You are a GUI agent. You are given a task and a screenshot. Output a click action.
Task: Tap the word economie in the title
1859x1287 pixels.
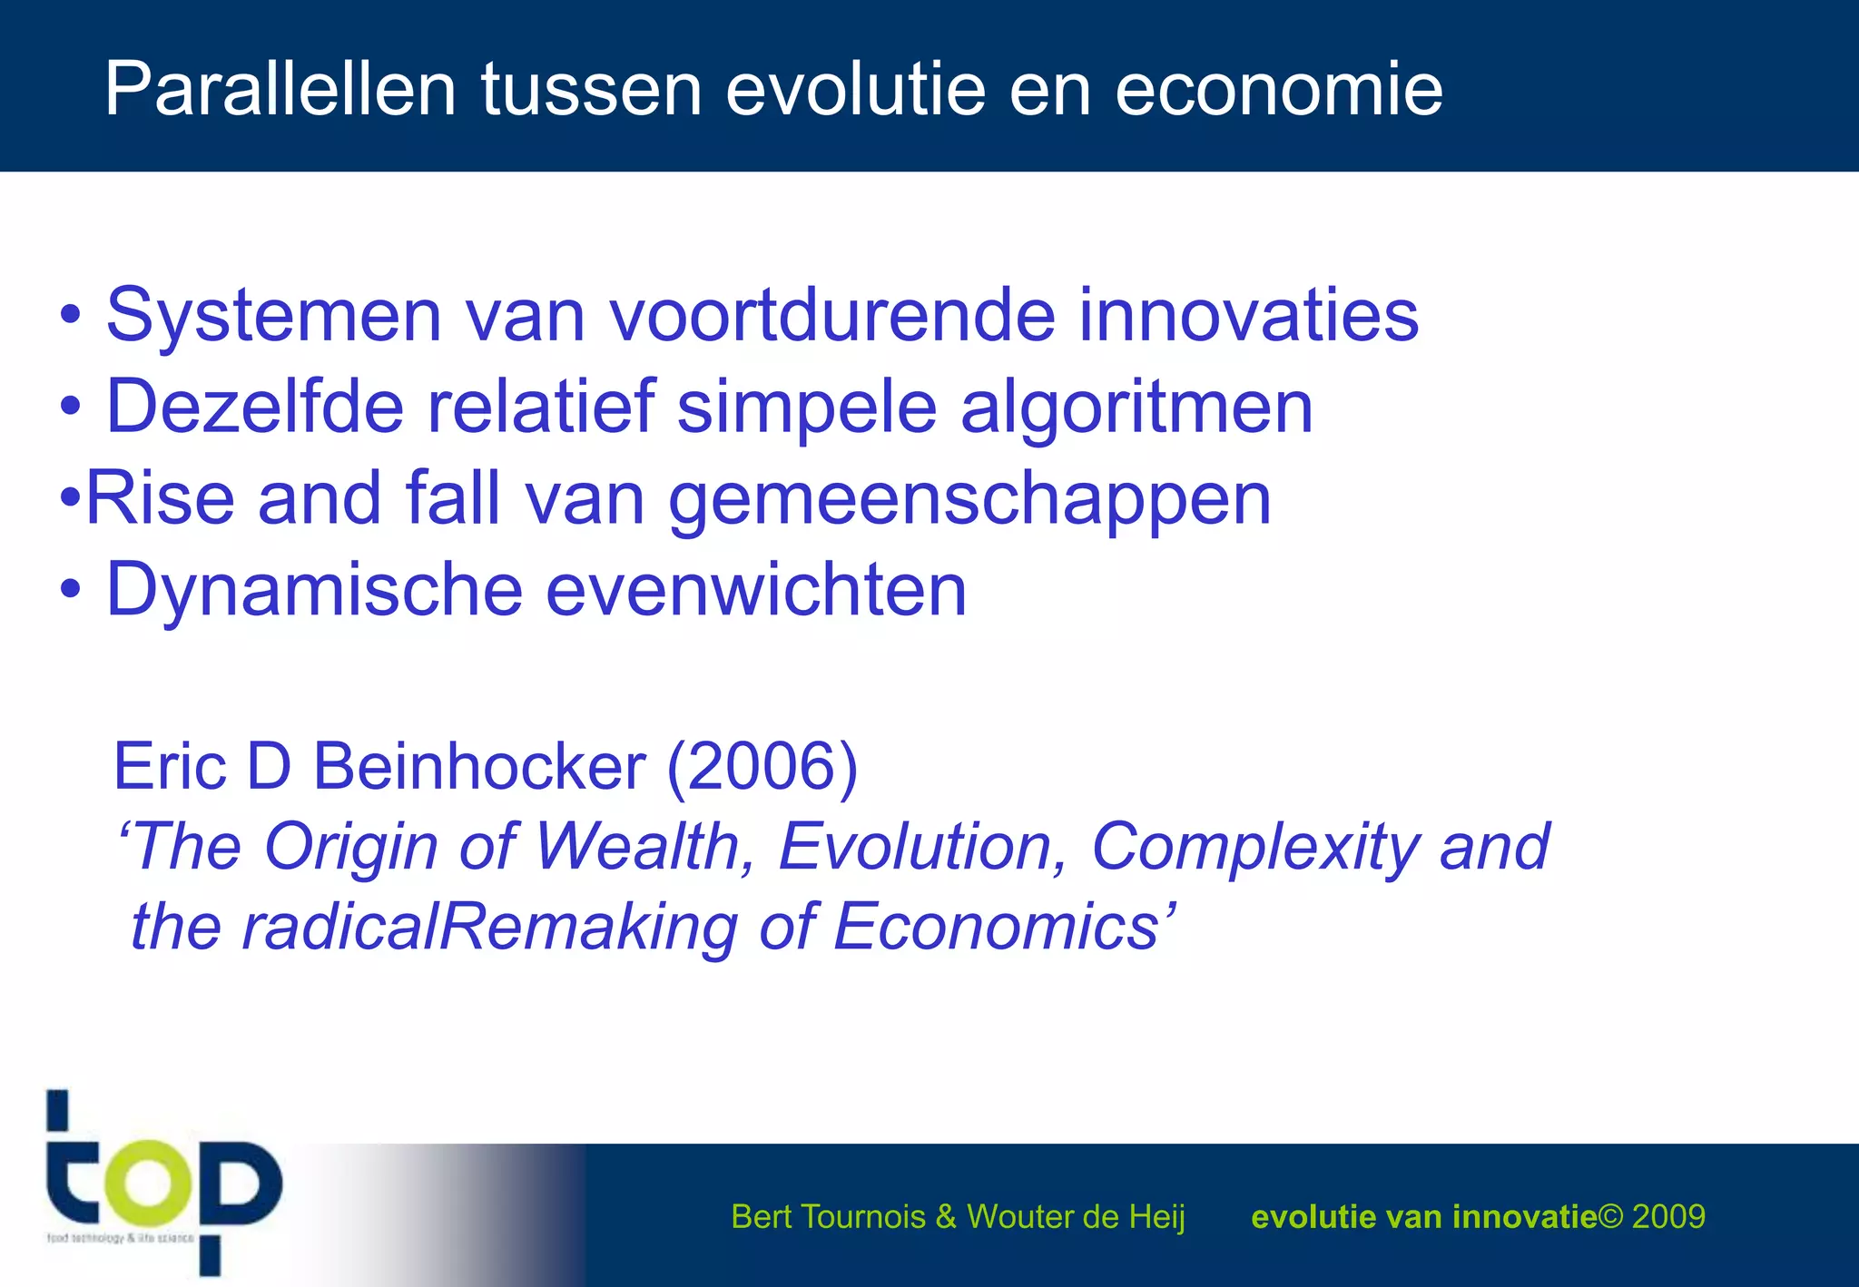[1278, 91]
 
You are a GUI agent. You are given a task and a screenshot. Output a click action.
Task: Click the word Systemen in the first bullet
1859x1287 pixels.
[273, 315]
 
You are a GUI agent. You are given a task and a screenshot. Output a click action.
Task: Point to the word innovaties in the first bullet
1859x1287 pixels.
[1248, 315]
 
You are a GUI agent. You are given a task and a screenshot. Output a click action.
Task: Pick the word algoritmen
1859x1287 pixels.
[1136, 408]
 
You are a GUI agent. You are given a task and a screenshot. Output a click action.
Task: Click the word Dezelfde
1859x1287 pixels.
[255, 406]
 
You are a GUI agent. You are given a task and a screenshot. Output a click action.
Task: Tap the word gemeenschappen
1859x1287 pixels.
[969, 499]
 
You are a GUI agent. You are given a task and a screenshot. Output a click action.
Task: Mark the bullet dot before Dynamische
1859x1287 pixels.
[71, 591]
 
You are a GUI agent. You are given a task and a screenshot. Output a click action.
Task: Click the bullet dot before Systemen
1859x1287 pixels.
[71, 316]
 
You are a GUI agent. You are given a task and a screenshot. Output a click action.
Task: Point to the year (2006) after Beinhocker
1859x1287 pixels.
[762, 767]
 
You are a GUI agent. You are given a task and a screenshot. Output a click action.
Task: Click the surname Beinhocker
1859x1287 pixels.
[479, 766]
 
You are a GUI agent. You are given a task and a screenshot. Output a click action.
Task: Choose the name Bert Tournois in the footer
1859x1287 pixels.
[828, 1216]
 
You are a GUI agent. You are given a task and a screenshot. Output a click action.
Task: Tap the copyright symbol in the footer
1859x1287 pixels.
[1610, 1216]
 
